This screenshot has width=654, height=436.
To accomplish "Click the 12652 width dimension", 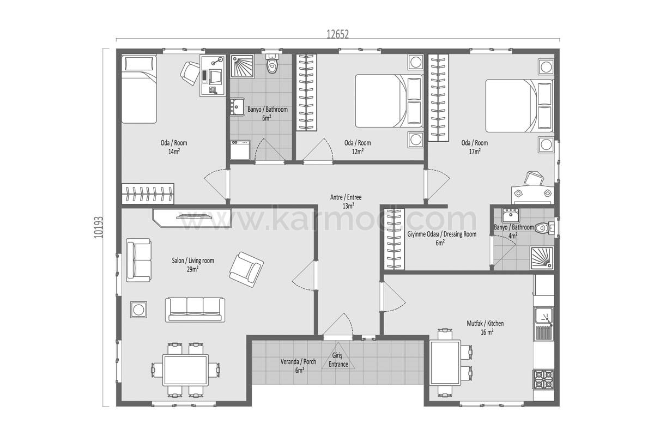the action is point(337,34).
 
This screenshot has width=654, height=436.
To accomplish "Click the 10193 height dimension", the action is point(99,227).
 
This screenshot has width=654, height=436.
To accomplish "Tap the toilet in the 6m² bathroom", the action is point(272,64).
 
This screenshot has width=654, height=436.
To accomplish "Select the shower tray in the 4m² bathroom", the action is point(542,258).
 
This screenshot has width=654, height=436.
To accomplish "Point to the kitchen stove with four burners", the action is point(544,379).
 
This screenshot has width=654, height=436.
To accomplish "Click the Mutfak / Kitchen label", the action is point(485,323).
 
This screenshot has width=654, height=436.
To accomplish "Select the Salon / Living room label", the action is point(193,261).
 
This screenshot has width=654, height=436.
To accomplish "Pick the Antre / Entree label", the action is point(346,197).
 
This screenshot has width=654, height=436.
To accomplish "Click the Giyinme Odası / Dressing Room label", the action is point(442,234).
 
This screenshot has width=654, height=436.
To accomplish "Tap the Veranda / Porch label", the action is point(298,361).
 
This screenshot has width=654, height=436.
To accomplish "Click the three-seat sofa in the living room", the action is point(195,310).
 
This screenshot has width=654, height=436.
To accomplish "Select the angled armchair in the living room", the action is point(246,270).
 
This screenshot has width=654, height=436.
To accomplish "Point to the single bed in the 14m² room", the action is point(139,89).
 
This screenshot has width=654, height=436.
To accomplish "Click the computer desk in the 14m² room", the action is point(213,76).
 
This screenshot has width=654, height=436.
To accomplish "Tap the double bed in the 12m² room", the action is point(389,101).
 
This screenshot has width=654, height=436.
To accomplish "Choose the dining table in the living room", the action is point(185,370).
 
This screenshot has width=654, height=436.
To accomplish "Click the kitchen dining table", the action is point(446,363).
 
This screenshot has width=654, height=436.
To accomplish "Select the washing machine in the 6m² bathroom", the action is point(240,150).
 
